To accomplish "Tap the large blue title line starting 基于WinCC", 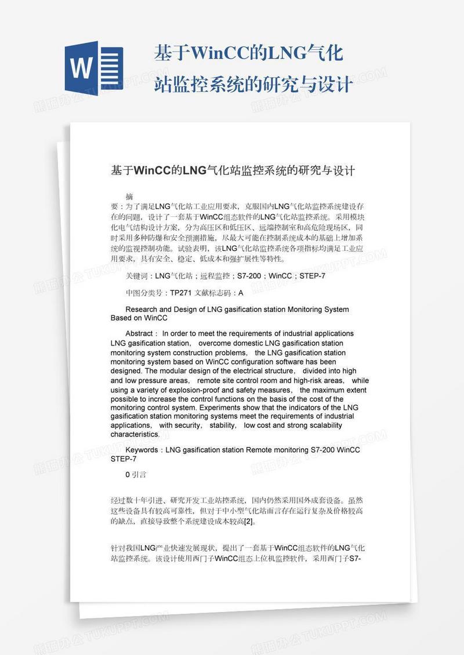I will pyautogui.click(x=249, y=54).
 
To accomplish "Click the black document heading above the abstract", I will pyautogui.click(x=233, y=170).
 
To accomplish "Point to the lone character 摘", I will pyautogui.click(x=129, y=196).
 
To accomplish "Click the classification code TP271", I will pyautogui.click(x=181, y=293).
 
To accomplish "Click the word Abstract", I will pyautogui.click(x=139, y=334).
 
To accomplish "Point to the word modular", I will pyautogui.click(x=174, y=371).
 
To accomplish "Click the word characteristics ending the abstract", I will pyautogui.click(x=135, y=434).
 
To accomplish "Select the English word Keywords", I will pyautogui.click(x=142, y=450).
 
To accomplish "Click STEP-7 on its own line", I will pyautogui.click(x=124, y=458).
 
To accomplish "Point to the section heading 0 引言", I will pyautogui.click(x=136, y=475).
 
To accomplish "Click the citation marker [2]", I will pyautogui.click(x=248, y=521).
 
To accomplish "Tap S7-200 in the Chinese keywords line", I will pyautogui.click(x=248, y=276).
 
